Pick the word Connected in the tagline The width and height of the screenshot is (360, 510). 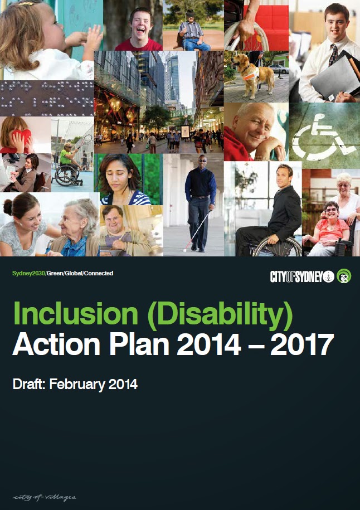point(99,274)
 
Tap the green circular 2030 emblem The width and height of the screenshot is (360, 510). point(344,276)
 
